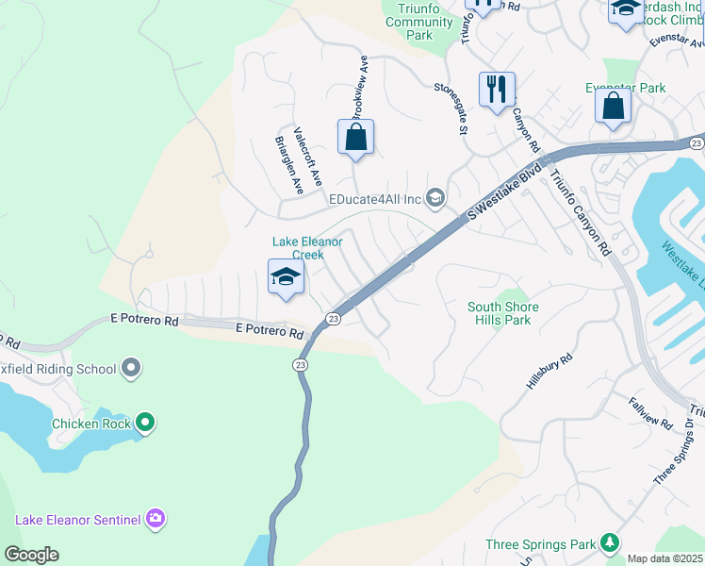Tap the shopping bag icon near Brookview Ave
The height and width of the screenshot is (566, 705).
tap(355, 138)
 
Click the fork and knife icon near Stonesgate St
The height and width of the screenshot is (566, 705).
tap(497, 91)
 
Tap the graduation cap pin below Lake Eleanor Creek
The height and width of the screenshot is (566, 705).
tap(287, 277)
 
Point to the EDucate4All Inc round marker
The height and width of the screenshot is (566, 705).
tap(435, 197)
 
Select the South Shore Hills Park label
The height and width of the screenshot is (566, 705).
tap(503, 313)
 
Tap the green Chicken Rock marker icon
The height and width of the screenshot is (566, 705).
tap(144, 424)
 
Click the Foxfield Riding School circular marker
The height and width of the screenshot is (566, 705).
tap(131, 367)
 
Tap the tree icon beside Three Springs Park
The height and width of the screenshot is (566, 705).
tap(611, 543)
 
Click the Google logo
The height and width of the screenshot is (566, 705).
tap(31, 555)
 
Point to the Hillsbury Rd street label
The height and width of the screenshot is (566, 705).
tap(549, 373)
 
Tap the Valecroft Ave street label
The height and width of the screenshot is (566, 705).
tap(308, 157)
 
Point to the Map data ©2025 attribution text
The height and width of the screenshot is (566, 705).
tap(664, 558)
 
